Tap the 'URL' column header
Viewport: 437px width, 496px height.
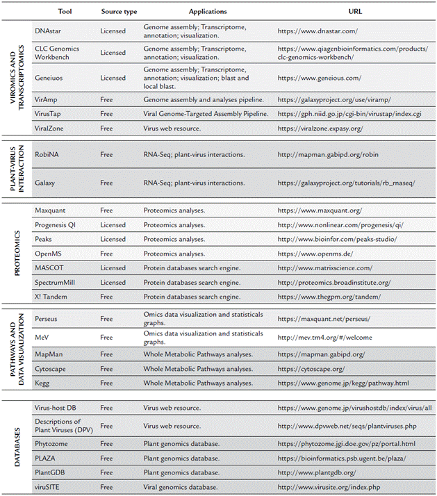tap(354, 12)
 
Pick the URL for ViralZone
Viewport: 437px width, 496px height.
tap(320, 128)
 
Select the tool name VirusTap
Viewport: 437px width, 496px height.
tap(50, 114)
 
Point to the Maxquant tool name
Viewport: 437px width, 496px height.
tap(51, 210)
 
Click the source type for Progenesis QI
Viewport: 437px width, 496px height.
tap(113, 224)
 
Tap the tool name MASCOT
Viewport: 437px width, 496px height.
tap(49, 268)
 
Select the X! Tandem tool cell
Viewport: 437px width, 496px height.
tap(51, 297)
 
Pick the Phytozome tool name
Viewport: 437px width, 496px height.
tap(52, 443)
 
